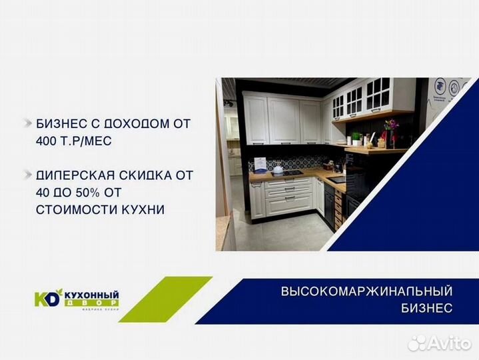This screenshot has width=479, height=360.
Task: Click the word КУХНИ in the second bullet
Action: (x=141, y=210)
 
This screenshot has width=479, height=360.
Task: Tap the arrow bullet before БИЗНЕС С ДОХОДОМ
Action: (x=27, y=123)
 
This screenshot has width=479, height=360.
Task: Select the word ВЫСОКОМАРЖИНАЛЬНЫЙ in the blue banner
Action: (x=366, y=291)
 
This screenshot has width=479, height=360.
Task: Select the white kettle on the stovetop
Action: (x=278, y=169)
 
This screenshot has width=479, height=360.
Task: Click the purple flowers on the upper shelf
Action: (x=390, y=125)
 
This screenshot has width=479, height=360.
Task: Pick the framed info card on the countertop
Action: (x=260, y=164)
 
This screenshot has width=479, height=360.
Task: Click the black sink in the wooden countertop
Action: (x=337, y=179)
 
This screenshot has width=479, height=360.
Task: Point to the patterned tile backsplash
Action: (x=293, y=163)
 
